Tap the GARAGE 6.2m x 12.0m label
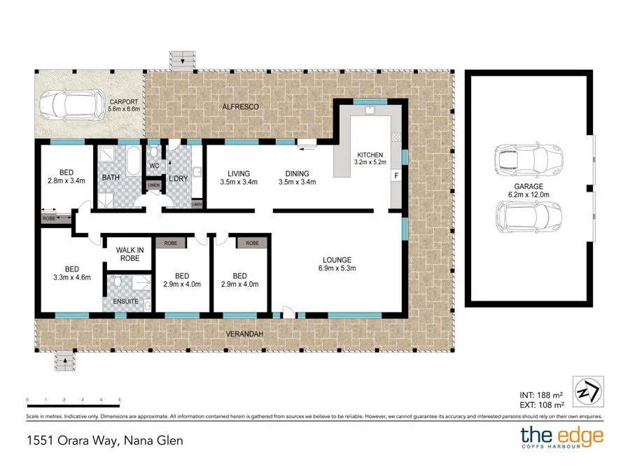pos(529,191)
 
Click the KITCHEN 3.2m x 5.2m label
pos(370,159)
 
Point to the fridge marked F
pos(396,176)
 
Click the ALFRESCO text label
pos(240,107)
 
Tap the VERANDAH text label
pos(244,334)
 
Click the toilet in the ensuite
pos(120,282)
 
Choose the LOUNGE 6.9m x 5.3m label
pos(337,264)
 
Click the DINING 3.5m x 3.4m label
pos(297,178)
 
